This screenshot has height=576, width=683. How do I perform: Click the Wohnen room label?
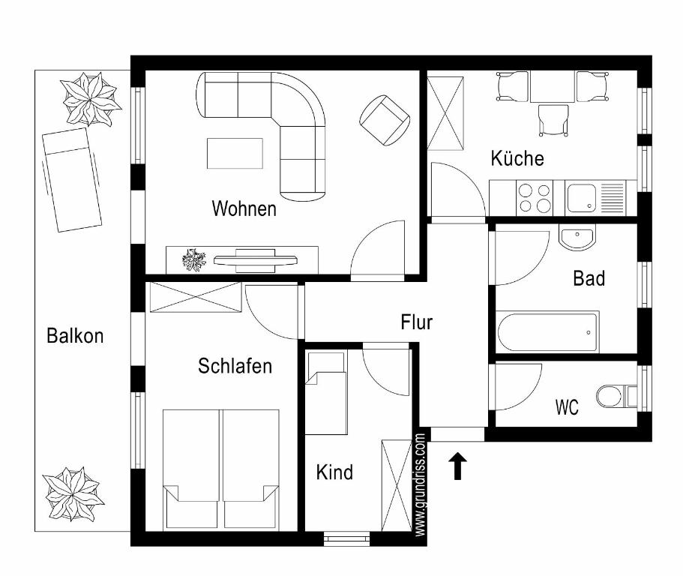tap(244, 208)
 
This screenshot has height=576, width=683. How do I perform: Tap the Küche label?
tap(517, 158)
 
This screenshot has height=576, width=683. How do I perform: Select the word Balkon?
tap(75, 336)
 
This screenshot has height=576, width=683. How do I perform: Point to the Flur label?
tap(416, 322)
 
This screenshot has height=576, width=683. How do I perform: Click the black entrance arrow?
tap(457, 466)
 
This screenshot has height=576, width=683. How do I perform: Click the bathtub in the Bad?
tap(547, 332)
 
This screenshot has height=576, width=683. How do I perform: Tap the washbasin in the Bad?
tap(577, 238)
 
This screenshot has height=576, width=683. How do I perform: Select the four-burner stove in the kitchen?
tap(535, 198)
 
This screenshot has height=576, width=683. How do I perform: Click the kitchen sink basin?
tap(582, 198)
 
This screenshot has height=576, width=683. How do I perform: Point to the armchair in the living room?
tap(385, 120)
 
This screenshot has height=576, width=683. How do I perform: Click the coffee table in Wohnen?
tap(235, 153)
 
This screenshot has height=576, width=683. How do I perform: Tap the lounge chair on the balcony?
tap(72, 179)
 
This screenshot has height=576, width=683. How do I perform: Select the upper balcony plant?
tap(90, 100)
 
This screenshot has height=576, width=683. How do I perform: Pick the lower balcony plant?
tap(73, 494)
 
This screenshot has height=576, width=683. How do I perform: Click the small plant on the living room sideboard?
tap(194, 259)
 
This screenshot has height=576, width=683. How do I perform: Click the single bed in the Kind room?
tap(326, 392)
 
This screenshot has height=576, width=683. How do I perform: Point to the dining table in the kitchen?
tap(553, 87)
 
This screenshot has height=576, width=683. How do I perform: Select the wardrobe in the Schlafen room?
tap(196, 297)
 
